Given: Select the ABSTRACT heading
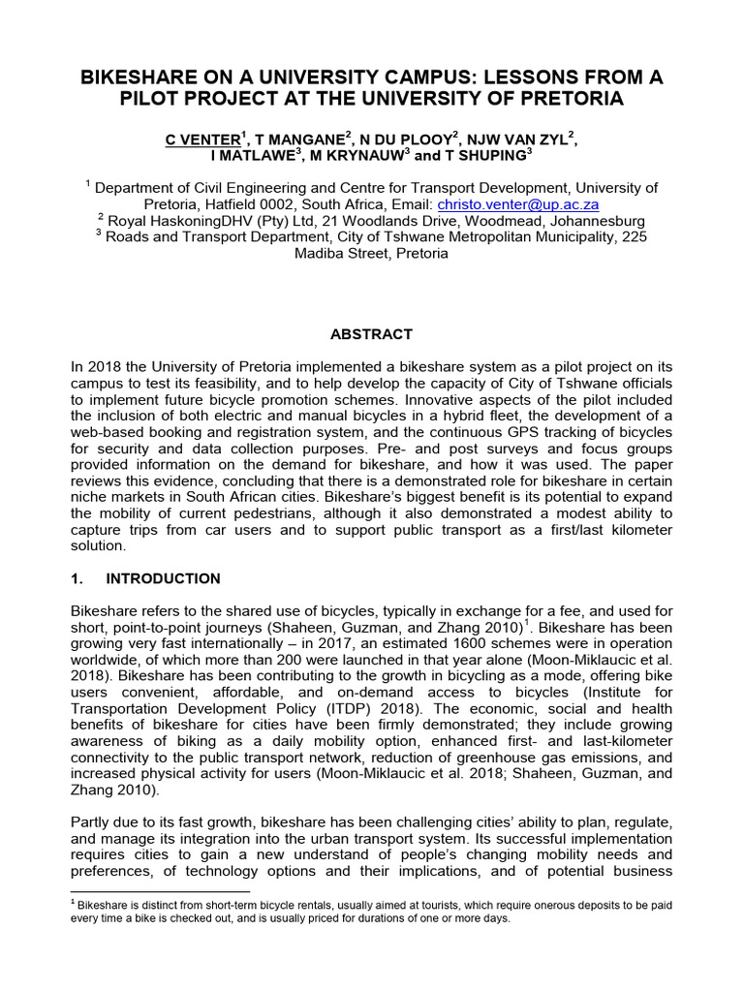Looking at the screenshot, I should pos(372,334).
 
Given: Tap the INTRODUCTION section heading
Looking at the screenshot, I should pos(163,578).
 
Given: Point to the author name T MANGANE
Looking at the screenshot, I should pos(292,140).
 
